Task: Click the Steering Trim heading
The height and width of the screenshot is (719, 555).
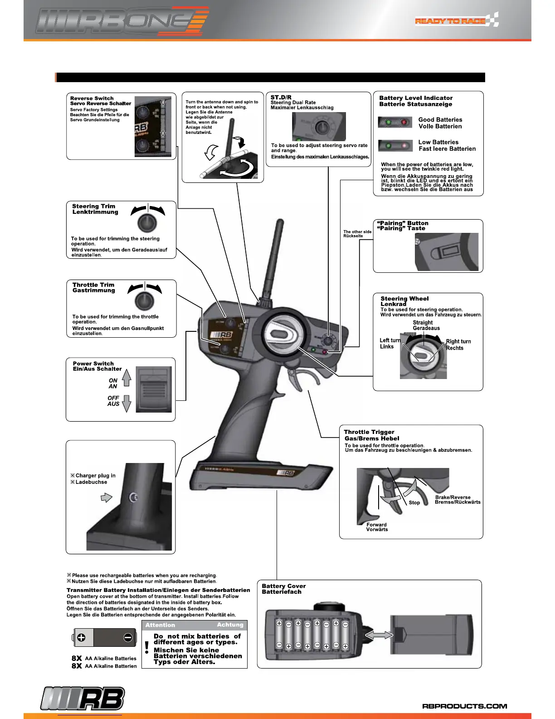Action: tap(94, 206)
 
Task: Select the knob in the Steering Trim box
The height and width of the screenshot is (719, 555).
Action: tap(147, 222)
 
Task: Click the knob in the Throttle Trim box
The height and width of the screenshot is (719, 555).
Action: tap(144, 300)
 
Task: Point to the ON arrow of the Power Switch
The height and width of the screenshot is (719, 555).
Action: tap(127, 378)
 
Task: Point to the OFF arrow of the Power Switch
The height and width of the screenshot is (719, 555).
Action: tap(127, 403)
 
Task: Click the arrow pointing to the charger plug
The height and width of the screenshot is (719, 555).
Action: tap(106, 497)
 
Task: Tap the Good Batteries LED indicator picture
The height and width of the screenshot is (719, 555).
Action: tap(394, 123)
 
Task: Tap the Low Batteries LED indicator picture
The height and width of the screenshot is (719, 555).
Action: tap(394, 146)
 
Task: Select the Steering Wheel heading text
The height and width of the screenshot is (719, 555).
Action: tap(404, 299)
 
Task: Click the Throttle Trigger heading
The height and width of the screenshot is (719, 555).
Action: tap(369, 432)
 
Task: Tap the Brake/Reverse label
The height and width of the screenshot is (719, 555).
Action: tap(453, 497)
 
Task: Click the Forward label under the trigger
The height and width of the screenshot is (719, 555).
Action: tap(376, 524)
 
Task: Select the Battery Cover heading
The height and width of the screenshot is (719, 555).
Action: tap(284, 586)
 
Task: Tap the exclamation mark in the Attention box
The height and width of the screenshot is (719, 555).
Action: tap(147, 647)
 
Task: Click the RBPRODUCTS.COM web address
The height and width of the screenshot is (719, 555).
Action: tap(464, 706)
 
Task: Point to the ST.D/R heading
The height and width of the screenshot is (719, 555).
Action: tap(281, 97)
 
